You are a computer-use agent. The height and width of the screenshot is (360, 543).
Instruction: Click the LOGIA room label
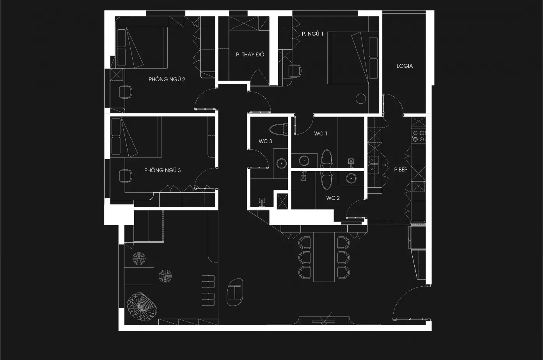pos(405,66)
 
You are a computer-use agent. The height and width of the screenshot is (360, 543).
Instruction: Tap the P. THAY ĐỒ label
pos(250,54)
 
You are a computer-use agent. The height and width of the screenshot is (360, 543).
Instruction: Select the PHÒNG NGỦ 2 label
pos(167,79)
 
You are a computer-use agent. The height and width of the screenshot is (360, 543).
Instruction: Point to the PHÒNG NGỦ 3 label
pos(162,170)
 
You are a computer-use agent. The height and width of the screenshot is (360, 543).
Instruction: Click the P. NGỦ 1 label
pos(312,34)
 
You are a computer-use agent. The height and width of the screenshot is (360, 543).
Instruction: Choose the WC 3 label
pos(265,141)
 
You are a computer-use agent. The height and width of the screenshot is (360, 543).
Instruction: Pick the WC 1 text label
pos(321,133)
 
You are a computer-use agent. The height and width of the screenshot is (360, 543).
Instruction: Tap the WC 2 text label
pos(333,198)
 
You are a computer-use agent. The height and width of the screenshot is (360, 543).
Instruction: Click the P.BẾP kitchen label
pos(401,170)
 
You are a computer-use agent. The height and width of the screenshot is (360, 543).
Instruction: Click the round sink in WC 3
pos(281,163)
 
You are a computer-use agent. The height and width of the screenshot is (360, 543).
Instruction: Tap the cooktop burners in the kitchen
pos(419,136)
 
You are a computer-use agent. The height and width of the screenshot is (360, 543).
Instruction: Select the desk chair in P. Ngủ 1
pos(295,71)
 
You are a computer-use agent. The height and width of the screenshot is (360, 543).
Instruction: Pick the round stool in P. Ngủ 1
pos(361,98)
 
